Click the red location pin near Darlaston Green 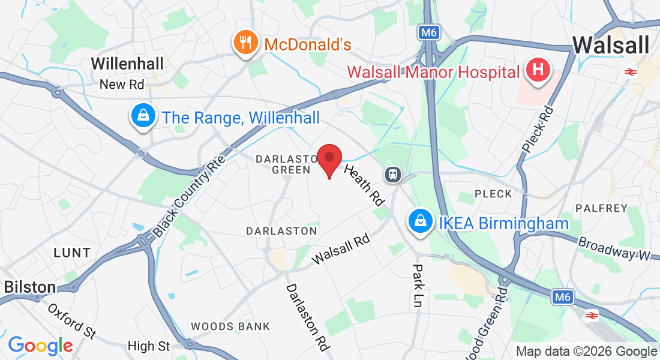pyautogui.click(x=329, y=158)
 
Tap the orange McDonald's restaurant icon pyautogui.click(x=245, y=43)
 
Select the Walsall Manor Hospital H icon pyautogui.click(x=538, y=70)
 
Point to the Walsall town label pyautogui.click(x=611, y=45)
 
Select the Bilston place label pyautogui.click(x=30, y=287)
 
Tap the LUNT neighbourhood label pyautogui.click(x=72, y=253)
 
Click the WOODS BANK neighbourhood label pyautogui.click(x=230, y=326)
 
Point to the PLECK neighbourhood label pyautogui.click(x=493, y=194)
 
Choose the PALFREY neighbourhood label pyautogui.click(x=601, y=208)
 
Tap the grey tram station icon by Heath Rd pyautogui.click(x=393, y=175)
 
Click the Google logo pyautogui.click(x=40, y=346)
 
